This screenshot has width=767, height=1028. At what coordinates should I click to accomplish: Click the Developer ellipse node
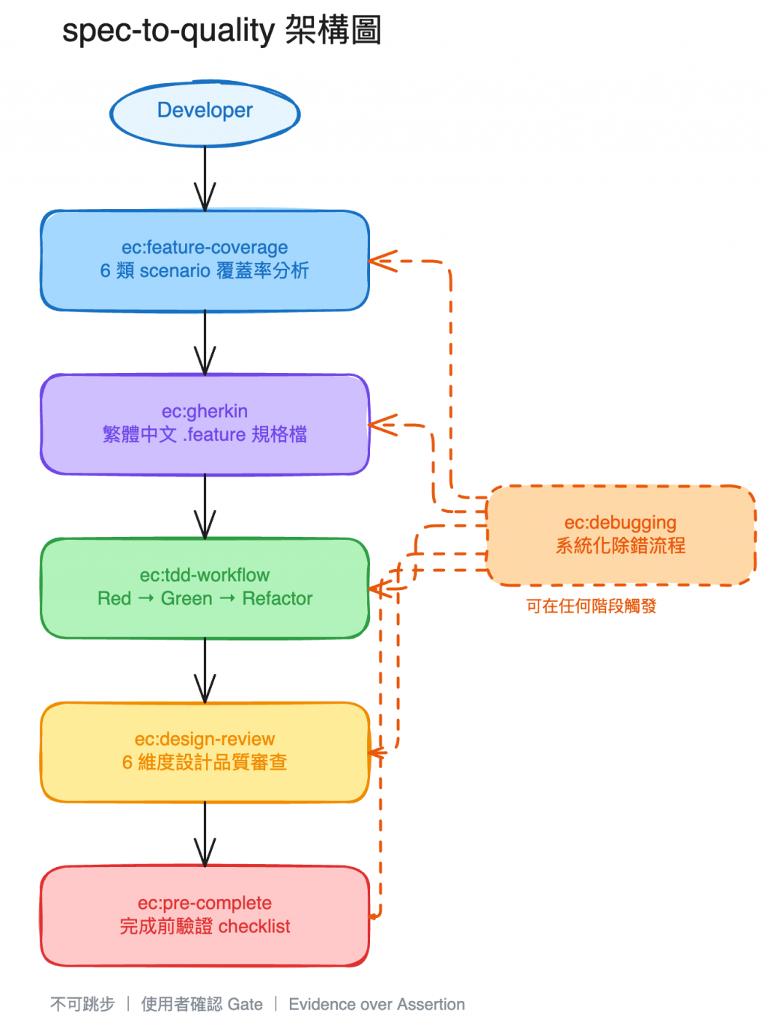click(204, 112)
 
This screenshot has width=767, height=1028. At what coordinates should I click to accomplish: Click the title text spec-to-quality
click(169, 31)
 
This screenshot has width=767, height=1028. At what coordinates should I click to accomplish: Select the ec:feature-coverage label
click(204, 247)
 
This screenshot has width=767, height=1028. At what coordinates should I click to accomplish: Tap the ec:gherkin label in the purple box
click(204, 411)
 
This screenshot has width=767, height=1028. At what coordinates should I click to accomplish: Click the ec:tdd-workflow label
click(204, 575)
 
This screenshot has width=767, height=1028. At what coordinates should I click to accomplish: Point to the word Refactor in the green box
click(277, 599)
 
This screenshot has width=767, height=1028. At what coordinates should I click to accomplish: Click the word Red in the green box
click(114, 599)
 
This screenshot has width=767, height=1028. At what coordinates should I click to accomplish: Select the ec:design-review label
click(204, 739)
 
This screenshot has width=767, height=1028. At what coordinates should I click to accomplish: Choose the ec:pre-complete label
click(204, 903)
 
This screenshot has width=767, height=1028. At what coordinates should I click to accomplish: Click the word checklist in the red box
click(254, 927)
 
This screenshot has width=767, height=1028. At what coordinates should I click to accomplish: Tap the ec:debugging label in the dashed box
click(620, 523)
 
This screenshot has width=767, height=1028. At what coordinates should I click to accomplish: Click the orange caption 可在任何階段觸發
click(591, 606)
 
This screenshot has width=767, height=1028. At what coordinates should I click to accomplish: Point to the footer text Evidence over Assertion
click(377, 1005)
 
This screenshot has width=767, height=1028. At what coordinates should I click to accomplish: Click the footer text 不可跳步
click(82, 1005)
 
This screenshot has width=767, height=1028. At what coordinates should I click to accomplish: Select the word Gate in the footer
click(245, 1005)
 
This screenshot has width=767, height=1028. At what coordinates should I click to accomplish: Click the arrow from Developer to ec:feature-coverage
click(204, 180)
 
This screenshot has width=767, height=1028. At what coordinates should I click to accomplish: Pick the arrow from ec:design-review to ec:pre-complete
click(204, 835)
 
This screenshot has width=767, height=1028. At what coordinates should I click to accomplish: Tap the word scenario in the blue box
click(175, 271)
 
